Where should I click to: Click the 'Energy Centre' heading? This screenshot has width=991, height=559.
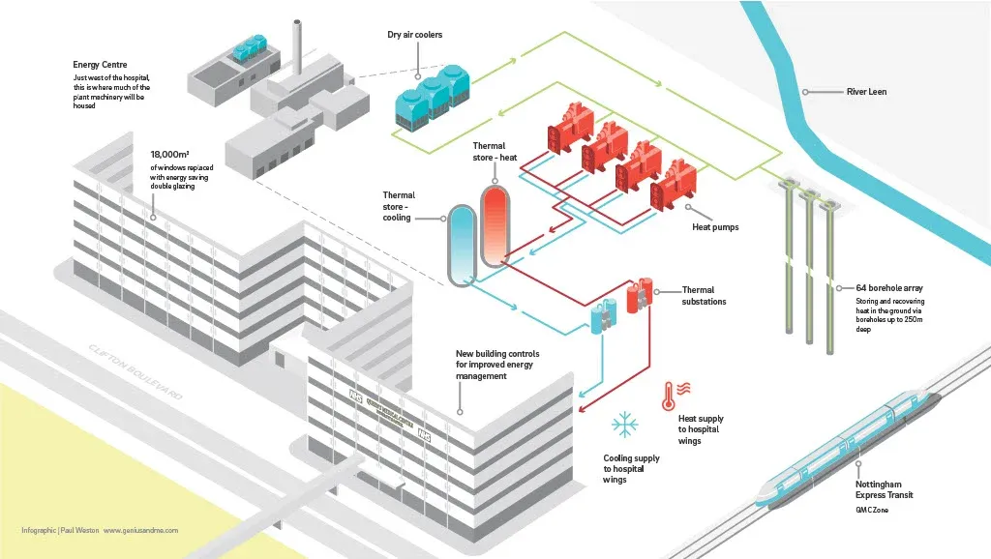click(100, 65)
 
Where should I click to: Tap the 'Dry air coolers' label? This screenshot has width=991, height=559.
click(414, 36)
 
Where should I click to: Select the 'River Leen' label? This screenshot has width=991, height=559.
click(866, 92)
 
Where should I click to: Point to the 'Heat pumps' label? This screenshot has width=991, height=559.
click(714, 227)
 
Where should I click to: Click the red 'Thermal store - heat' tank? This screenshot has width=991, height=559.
click(495, 225)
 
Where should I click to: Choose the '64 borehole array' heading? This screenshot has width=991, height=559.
click(889, 287)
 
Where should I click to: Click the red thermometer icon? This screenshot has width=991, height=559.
click(669, 395)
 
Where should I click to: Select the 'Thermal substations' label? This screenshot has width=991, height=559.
click(704, 295)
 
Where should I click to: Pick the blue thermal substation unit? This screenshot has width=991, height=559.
click(604, 315)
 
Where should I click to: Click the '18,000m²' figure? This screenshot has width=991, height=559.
click(169, 155)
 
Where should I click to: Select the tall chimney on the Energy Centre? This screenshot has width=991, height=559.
click(299, 48)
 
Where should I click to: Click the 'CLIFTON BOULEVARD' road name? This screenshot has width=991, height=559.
click(135, 372)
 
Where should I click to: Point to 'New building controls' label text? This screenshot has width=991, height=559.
click(497, 365)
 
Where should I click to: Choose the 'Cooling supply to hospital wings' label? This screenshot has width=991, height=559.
click(631, 469)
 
